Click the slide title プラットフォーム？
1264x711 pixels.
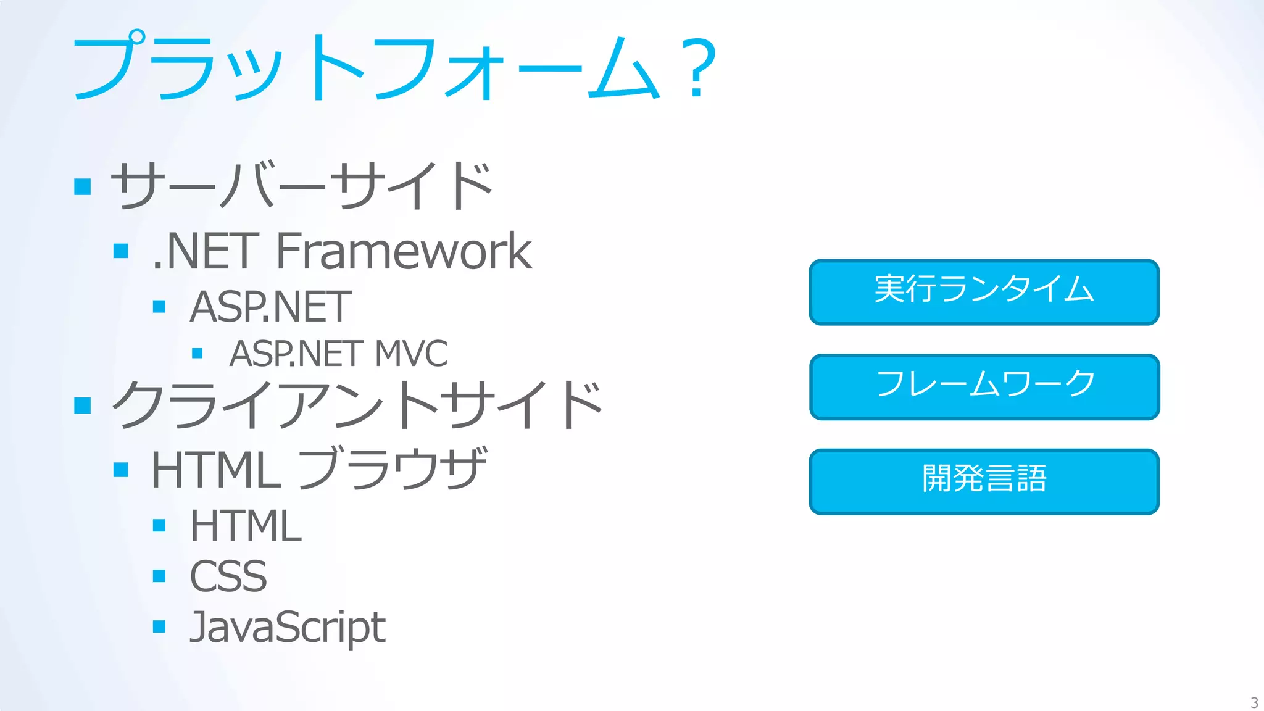(395, 67)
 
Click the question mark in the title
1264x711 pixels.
(697, 68)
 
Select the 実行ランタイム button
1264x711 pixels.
(984, 292)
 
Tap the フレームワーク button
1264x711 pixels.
(984, 386)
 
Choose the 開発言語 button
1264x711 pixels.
(984, 481)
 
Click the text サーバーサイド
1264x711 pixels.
(301, 185)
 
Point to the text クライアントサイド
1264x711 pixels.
(357, 404)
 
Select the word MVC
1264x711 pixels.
(411, 354)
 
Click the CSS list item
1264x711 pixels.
(228, 576)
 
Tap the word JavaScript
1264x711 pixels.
(288, 627)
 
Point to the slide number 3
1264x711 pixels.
(1254, 702)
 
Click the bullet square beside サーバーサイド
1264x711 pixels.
(83, 186)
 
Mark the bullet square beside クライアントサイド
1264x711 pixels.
(83, 405)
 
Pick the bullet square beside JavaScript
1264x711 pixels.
(159, 627)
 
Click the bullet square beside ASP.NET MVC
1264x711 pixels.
(197, 354)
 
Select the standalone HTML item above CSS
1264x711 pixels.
(246, 526)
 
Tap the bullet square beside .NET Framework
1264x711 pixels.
(121, 251)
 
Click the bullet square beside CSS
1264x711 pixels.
(159, 576)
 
